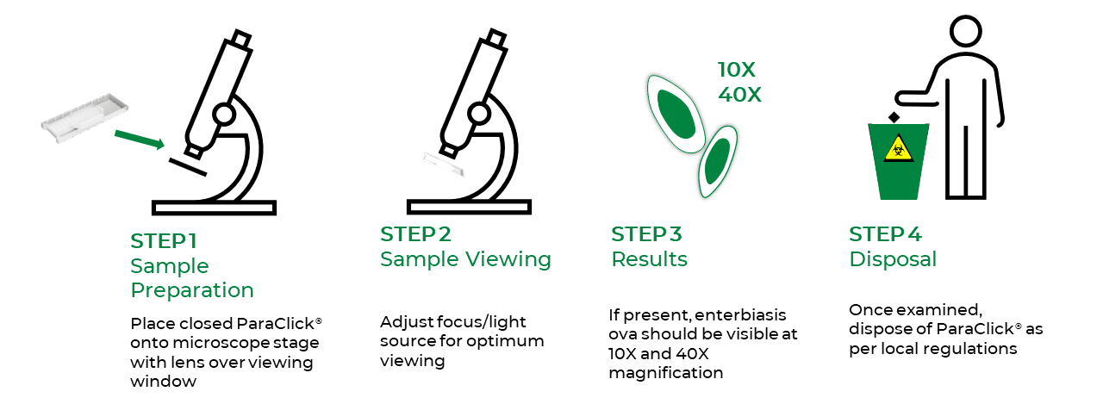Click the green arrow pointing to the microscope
tap(140, 140)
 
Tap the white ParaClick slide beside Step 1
tap(84, 119)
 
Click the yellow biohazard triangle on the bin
tap(899, 148)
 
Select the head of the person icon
tap(966, 32)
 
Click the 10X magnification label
tap(736, 70)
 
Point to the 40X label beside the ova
tap(739, 95)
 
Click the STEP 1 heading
tap(164, 241)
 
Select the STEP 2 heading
tap(415, 234)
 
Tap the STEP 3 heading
tap(646, 234)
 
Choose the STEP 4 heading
tap(885, 234)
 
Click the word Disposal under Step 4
tap(893, 259)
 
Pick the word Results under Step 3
tap(649, 259)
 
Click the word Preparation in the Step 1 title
tap(192, 290)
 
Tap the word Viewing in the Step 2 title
tap(508, 260)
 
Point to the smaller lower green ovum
tap(718, 161)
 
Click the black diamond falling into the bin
tap(894, 118)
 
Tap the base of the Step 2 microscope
tap(469, 207)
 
